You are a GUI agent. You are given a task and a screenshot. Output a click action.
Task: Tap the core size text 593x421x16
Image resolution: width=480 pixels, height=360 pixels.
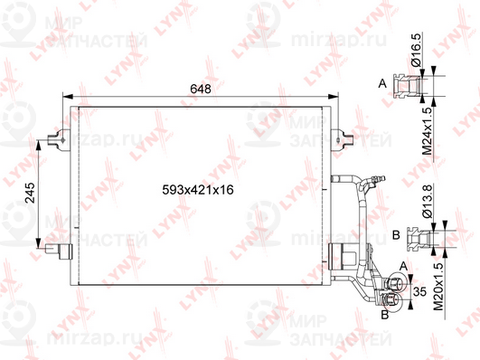197,191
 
